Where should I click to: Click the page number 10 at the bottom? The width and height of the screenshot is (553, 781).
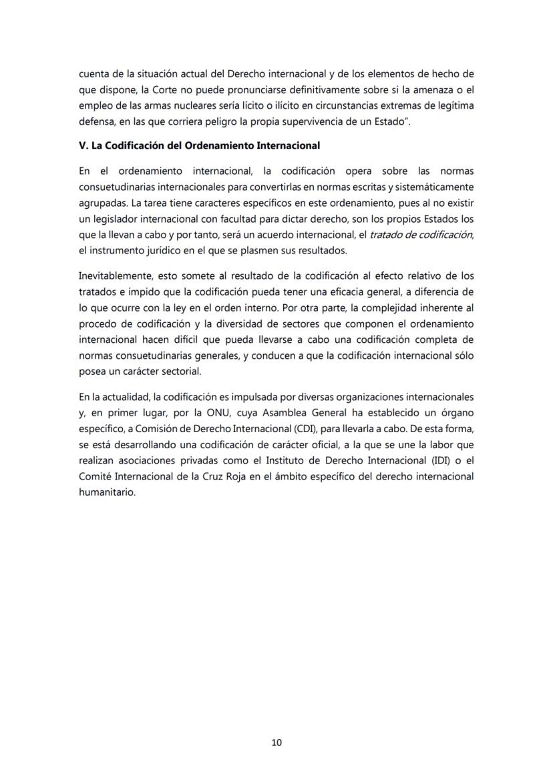pyautogui.click(x=277, y=742)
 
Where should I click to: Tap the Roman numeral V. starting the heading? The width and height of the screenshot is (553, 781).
pyautogui.click(x=83, y=145)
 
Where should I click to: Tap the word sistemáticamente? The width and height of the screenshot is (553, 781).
pyautogui.click(x=433, y=185)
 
